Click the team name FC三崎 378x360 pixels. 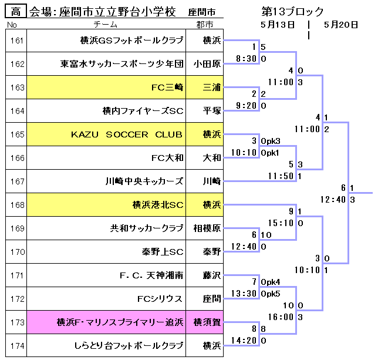coord(167,88)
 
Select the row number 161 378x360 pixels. coord(17,41)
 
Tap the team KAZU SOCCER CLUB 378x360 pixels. coord(127,134)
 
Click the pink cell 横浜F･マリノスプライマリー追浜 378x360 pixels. coord(120,322)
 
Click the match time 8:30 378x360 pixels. coord(245,59)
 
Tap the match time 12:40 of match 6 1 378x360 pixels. coord(334,200)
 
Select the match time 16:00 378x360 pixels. coord(280,317)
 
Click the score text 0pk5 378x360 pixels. coord(271,294)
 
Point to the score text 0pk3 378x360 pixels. coord(271,141)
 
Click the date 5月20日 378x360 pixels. coord(340,24)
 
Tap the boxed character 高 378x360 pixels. coord(16,12)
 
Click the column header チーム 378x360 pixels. coord(106,24)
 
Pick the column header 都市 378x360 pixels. coord(205,24)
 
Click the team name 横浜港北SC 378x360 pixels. coord(158,205)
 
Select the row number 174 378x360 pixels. coord(17,346)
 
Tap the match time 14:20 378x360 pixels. coord(246,341)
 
